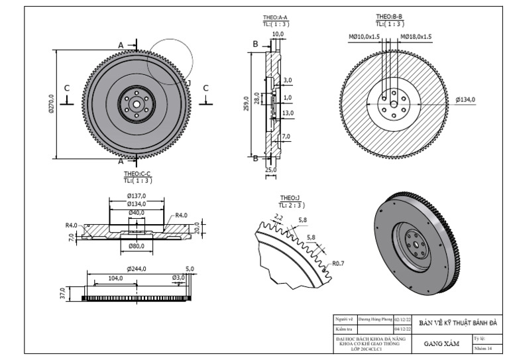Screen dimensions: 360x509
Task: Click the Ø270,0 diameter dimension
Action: [51, 103]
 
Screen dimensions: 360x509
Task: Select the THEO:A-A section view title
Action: [275, 18]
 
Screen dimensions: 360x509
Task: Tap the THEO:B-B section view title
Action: [390, 17]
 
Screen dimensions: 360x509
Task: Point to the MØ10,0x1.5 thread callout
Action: [364, 37]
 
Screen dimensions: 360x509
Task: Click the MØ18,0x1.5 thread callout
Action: [416, 37]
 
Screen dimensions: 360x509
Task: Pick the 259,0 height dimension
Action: [246, 103]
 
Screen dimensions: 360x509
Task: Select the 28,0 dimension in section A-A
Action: [257, 99]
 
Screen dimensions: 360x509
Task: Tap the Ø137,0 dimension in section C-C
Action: [137, 196]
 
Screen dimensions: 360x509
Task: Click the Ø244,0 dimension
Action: [137, 269]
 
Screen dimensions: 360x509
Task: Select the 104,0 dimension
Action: [116, 278]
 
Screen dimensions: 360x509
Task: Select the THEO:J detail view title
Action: [290, 198]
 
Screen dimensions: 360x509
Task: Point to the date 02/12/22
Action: [403, 319]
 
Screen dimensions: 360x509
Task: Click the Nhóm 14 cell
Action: [483, 348]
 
